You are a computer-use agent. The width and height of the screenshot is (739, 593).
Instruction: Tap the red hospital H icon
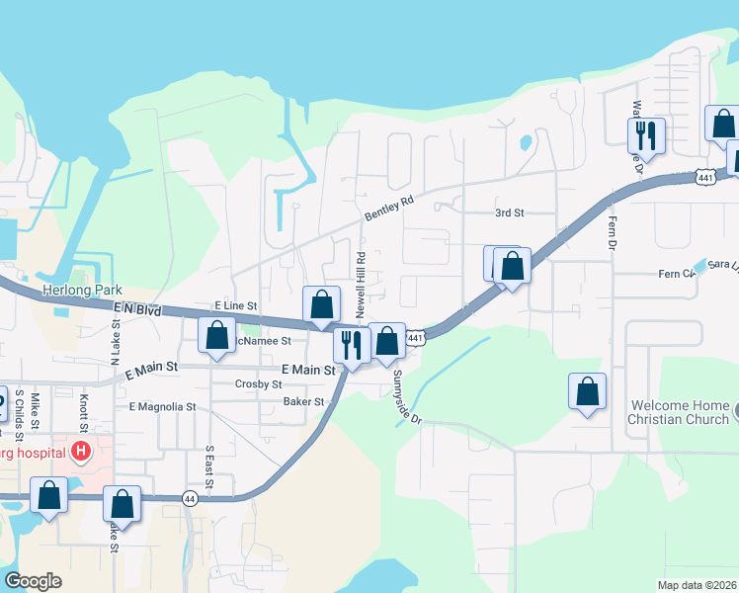[81, 453]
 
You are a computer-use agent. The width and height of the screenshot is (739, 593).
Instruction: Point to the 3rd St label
[509, 212]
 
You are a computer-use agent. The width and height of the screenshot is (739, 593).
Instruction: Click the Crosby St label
[259, 383]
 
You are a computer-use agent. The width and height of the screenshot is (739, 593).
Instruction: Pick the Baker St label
[304, 401]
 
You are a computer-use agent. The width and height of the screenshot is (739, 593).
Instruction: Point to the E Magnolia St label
[162, 406]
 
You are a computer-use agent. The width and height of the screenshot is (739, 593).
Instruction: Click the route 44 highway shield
[189, 501]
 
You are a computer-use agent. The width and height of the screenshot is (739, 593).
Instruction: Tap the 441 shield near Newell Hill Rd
[416, 339]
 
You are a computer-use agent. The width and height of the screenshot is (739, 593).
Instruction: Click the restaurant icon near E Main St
[351, 345]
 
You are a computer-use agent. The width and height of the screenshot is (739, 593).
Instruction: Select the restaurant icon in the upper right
[647, 134]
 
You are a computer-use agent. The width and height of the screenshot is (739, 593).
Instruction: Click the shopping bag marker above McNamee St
[321, 304]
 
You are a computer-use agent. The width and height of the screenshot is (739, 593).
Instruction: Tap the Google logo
[33, 581]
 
